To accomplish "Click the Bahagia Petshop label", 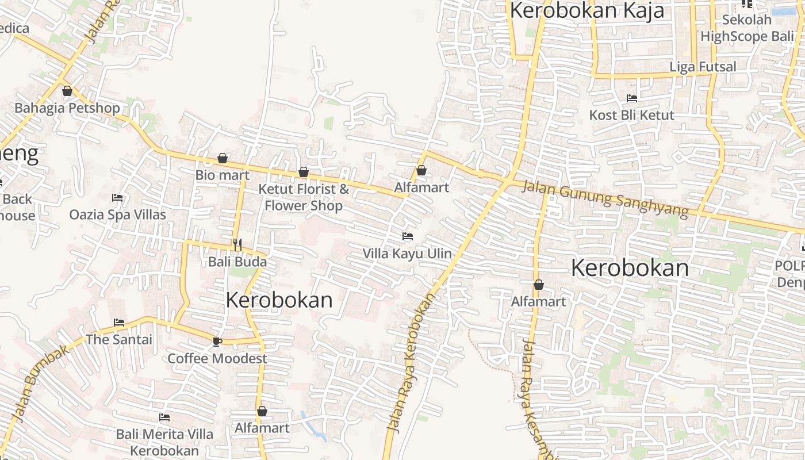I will [x=67, y=108].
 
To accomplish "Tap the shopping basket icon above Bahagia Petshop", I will [x=67, y=91].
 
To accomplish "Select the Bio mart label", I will [x=223, y=175].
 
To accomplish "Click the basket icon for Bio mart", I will [x=223, y=158].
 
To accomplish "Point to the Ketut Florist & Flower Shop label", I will [x=304, y=197].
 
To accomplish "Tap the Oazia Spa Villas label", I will [x=118, y=215].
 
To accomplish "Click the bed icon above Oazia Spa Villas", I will [x=117, y=198].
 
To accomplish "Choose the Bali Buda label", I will [x=237, y=262].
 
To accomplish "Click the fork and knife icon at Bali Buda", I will [x=237, y=244].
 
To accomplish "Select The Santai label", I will [x=119, y=340].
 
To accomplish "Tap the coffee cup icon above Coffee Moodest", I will [x=217, y=342].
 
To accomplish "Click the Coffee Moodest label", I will [x=217, y=359].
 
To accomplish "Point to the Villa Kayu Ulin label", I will [x=407, y=254].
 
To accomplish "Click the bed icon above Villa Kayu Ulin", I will [x=408, y=236].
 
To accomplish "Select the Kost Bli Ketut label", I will [x=632, y=115].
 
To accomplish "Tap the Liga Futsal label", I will [x=703, y=67].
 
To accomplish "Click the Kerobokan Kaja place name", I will [x=587, y=10].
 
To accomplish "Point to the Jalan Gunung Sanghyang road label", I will [x=605, y=199].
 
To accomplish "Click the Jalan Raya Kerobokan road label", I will [x=411, y=362].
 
